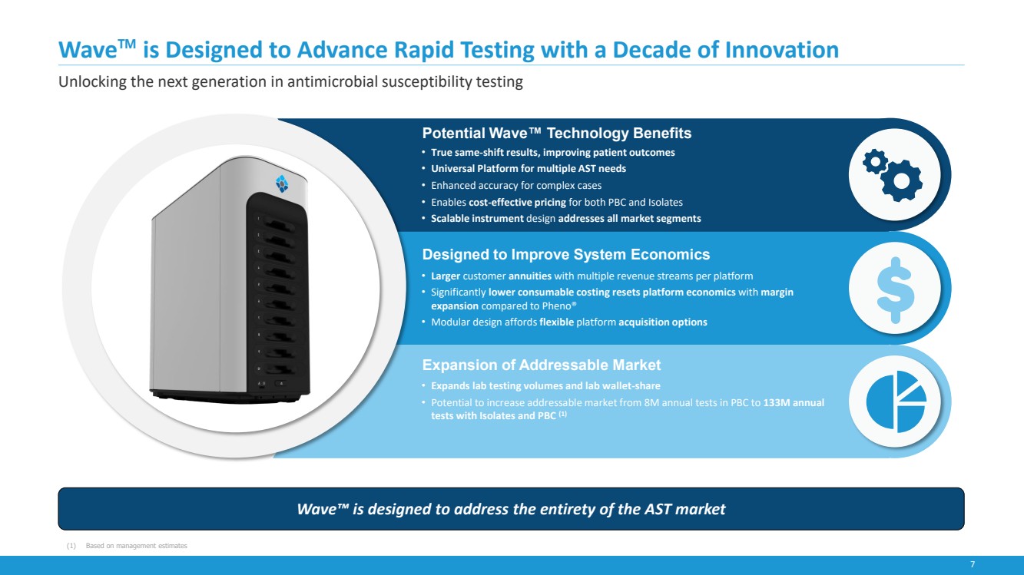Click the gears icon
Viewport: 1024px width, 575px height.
pyautogui.click(x=893, y=175)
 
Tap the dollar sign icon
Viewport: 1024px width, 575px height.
pyautogui.click(x=896, y=290)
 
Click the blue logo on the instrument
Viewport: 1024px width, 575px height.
pyautogui.click(x=283, y=183)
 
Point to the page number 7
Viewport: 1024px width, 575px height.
pyautogui.click(x=973, y=564)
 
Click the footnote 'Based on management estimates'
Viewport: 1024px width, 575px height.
pyautogui.click(x=136, y=546)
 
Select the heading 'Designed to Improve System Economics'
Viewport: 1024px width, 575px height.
pyautogui.click(x=566, y=254)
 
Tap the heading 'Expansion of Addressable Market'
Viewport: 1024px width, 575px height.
pyautogui.click(x=542, y=365)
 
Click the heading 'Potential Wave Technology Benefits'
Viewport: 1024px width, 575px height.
pyautogui.click(x=557, y=134)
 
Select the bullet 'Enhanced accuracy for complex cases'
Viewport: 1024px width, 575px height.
pyautogui.click(x=516, y=186)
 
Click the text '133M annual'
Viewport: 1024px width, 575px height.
pyautogui.click(x=794, y=403)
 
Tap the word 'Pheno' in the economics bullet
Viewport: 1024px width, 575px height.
pyautogui.click(x=558, y=306)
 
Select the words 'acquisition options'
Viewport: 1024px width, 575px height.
pyautogui.click(x=663, y=322)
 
